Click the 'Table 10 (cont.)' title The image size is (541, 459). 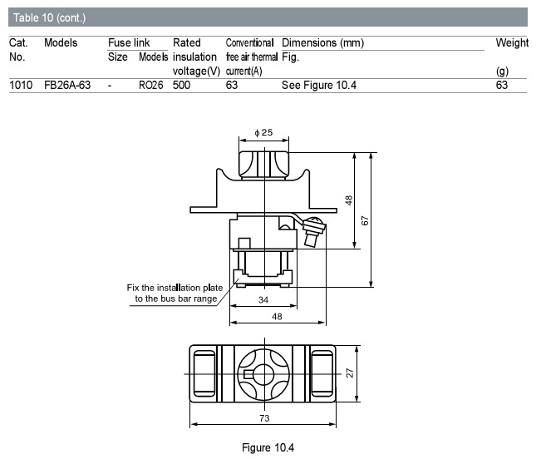[49, 17]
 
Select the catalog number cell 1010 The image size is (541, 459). [21, 85]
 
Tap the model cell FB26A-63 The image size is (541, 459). [67, 85]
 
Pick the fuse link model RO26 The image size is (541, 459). [150, 85]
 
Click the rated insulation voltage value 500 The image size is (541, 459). [181, 85]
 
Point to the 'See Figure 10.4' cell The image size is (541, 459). [319, 85]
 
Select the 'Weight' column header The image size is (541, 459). [512, 42]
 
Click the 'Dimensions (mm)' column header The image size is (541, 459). [323, 42]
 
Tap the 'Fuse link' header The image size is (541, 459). [129, 42]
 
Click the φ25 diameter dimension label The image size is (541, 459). [263, 132]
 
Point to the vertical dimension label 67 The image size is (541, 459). [365, 221]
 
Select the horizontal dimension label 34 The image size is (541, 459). [263, 299]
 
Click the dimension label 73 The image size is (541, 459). [264, 418]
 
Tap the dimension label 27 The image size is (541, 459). [350, 373]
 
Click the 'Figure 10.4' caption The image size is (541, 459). [268, 447]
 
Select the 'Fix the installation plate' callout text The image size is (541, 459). [175, 288]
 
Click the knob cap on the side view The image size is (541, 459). [264, 165]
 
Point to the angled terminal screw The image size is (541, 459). [313, 230]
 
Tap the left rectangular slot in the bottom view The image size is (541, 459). [204, 373]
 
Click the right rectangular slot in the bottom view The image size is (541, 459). [322, 373]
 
